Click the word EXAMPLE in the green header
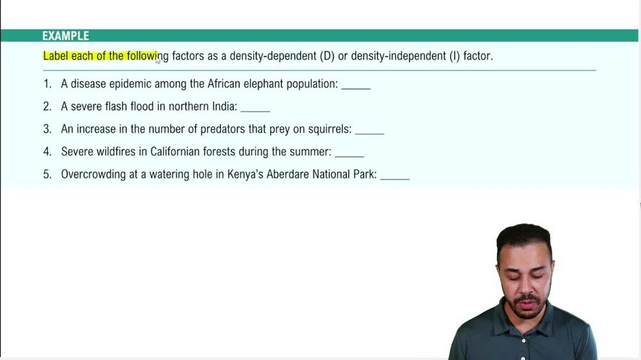[65, 36]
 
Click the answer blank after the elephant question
[356, 85]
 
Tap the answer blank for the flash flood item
[255, 108]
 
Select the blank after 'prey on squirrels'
[369, 131]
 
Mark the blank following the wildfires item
[349, 153]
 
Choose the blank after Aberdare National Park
[395, 176]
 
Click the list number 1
[47, 84]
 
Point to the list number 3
[47, 129]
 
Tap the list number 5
[47, 174]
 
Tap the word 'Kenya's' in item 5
[245, 174]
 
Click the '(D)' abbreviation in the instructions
[328, 56]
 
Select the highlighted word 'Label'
[56, 56]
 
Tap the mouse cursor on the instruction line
[158, 60]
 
